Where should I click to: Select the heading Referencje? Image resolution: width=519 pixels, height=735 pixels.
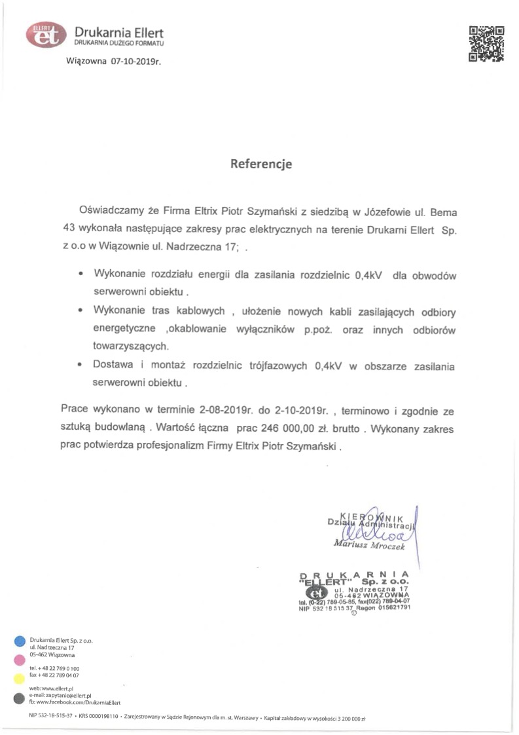260,164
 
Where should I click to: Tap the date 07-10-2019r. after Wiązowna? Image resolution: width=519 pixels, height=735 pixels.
135,61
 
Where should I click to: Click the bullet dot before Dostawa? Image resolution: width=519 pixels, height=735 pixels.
80,365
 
